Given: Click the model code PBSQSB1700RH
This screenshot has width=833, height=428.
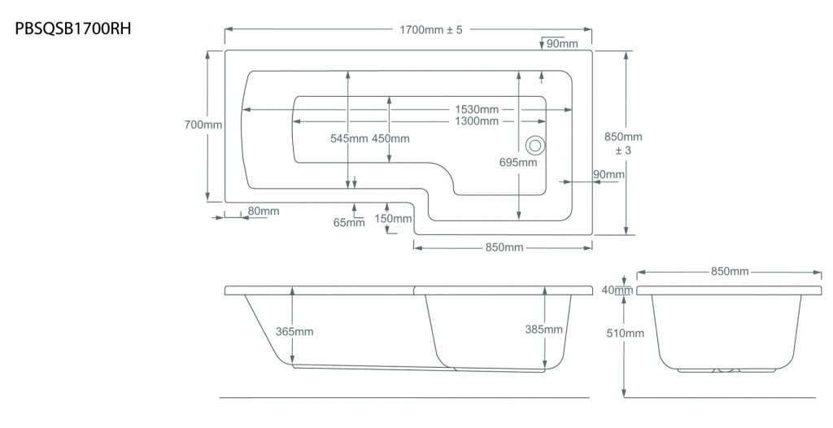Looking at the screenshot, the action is [x=72, y=28].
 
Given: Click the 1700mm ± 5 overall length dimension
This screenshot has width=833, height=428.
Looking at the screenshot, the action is [x=431, y=30].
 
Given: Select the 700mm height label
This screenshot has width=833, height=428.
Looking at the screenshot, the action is [x=203, y=125].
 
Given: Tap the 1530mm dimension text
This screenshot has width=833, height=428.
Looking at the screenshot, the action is [x=477, y=110].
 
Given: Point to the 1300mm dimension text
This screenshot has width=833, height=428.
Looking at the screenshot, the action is [x=477, y=121].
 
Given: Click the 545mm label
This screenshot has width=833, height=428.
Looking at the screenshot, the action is [x=349, y=138].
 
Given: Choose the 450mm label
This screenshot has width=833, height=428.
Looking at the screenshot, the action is [x=390, y=138].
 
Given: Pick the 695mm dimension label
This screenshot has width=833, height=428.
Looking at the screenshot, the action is [x=518, y=162].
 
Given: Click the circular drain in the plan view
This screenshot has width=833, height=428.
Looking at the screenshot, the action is [x=535, y=145].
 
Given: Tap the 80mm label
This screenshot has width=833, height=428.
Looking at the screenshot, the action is [x=264, y=211].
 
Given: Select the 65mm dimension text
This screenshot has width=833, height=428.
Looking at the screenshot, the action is [x=349, y=223].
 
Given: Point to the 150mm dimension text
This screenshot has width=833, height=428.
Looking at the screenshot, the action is [x=393, y=219].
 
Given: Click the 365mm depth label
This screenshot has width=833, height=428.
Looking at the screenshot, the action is [x=294, y=331].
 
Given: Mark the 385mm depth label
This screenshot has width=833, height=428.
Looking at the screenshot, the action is [x=544, y=329].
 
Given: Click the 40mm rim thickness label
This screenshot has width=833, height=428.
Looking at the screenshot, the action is [x=617, y=290].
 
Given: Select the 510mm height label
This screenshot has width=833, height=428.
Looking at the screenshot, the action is [x=626, y=334].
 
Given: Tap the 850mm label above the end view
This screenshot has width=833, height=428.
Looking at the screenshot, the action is [x=730, y=271].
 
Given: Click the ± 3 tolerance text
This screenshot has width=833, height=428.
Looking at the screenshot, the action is [x=623, y=151].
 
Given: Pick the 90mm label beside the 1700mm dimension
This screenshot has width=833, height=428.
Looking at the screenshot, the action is [x=562, y=44].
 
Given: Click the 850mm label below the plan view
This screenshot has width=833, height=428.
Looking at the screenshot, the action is [x=504, y=247].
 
